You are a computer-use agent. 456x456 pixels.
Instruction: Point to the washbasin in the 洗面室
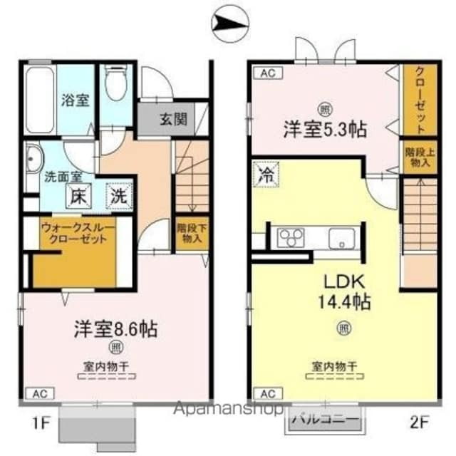[x=33, y=157]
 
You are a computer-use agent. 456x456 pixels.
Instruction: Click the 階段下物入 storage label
[x=189, y=234]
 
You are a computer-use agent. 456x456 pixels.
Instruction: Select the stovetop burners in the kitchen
[x=291, y=237]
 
